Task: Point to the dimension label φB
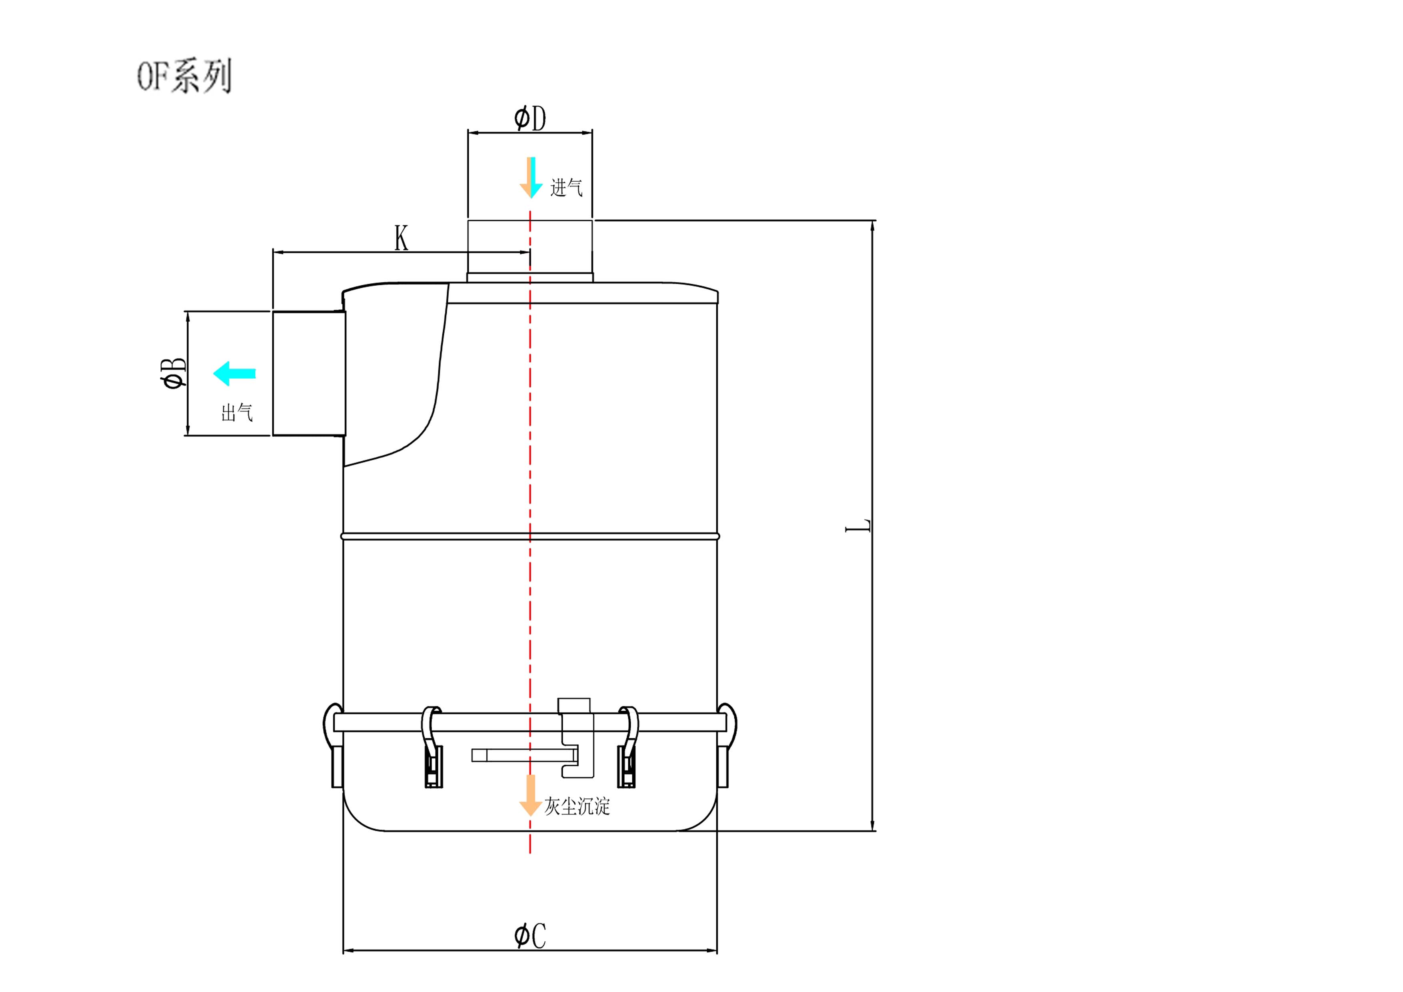[x=173, y=373]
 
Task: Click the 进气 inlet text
[x=566, y=187]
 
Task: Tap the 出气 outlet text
[x=237, y=413]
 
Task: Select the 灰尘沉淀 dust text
[x=577, y=807]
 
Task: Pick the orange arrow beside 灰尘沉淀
[x=530, y=795]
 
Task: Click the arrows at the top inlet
[x=530, y=177]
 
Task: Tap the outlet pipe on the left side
[x=309, y=373]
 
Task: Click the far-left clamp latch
[x=333, y=745]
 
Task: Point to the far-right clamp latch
[x=726, y=745]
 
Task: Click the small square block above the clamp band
[x=574, y=705]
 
